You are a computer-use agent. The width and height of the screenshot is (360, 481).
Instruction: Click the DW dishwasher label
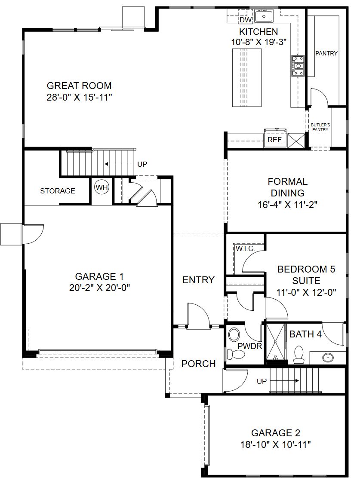coord(246,20)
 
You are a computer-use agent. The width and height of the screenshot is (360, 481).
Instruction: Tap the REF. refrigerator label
coord(275,140)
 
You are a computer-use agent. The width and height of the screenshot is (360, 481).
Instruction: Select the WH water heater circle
coord(102,187)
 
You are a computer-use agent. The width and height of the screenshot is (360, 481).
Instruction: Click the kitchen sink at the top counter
coord(264,16)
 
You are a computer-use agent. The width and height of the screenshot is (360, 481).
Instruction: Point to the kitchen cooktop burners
coord(298,65)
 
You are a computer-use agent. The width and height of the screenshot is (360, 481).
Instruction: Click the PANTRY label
coord(326,53)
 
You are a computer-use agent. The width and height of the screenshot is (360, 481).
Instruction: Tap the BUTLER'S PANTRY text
coord(320,127)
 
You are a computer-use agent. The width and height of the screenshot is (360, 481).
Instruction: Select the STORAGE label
coord(58,191)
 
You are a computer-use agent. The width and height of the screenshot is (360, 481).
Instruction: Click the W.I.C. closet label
coord(245,248)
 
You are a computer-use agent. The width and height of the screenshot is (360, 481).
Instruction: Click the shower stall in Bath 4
coord(276,342)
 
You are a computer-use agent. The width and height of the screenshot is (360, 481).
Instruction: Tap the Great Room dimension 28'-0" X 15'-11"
coord(79,97)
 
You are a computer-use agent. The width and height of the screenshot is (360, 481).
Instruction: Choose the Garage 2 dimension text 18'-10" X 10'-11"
coord(276,444)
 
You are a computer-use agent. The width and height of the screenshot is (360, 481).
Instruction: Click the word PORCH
coord(198,364)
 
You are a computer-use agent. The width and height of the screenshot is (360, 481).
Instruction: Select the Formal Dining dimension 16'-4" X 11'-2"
coord(287,205)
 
